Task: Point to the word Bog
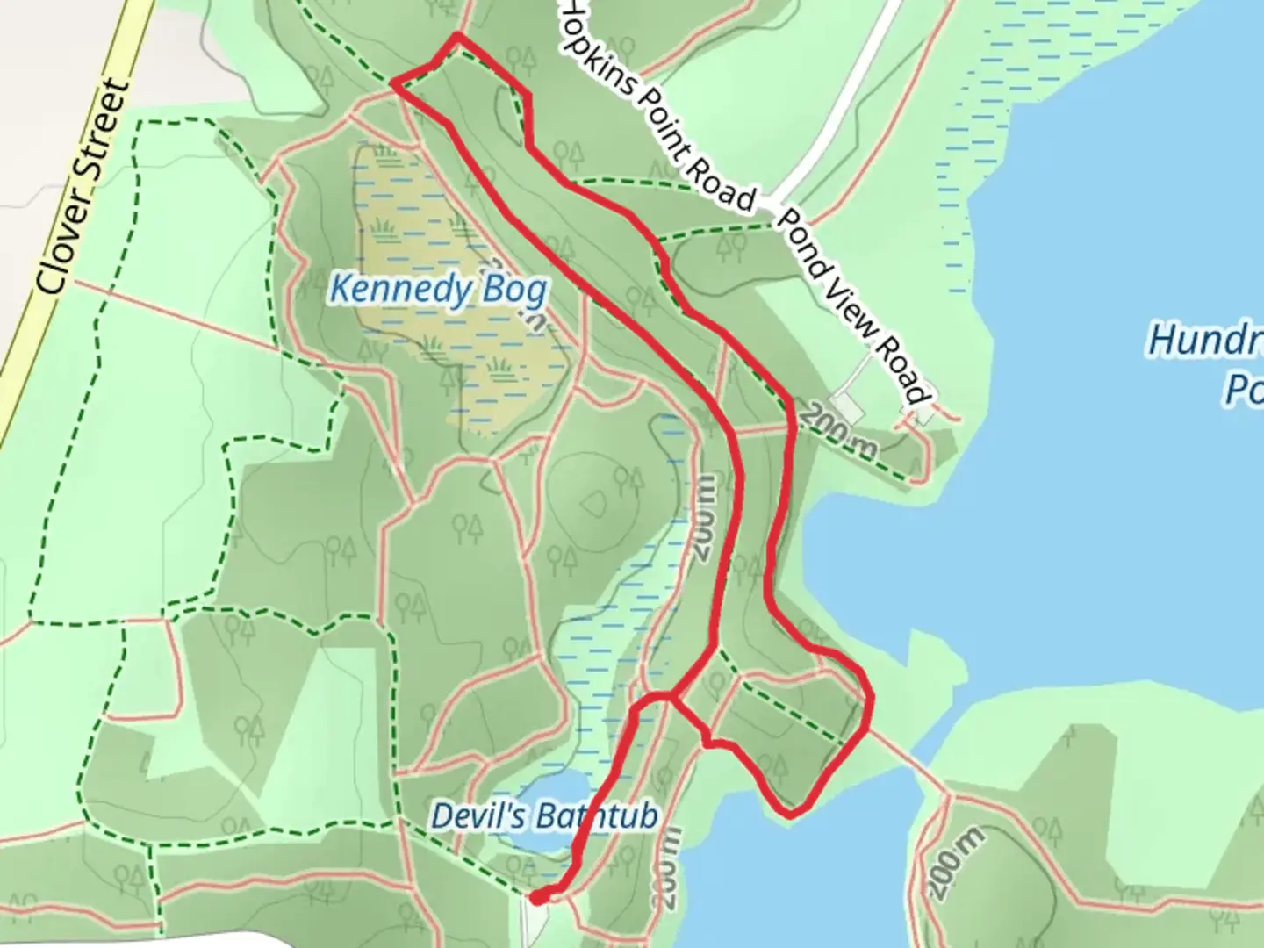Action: pyautogui.click(x=515, y=290)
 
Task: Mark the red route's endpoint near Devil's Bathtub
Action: pyautogui.click(x=537, y=896)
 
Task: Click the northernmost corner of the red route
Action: pyautogui.click(x=456, y=36)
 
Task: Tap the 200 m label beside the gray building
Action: pyautogui.click(x=840, y=430)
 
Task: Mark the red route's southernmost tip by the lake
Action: pyautogui.click(x=791, y=815)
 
